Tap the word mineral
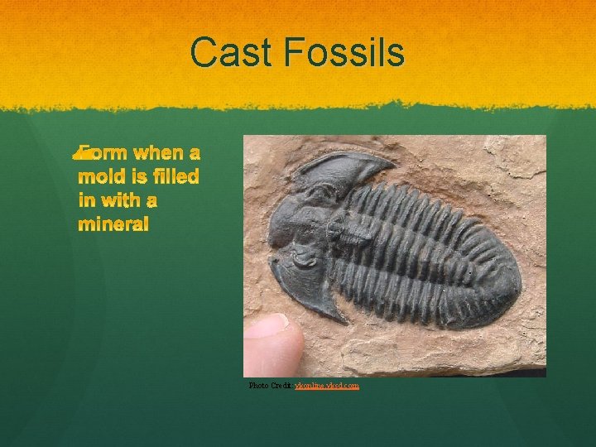113,225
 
